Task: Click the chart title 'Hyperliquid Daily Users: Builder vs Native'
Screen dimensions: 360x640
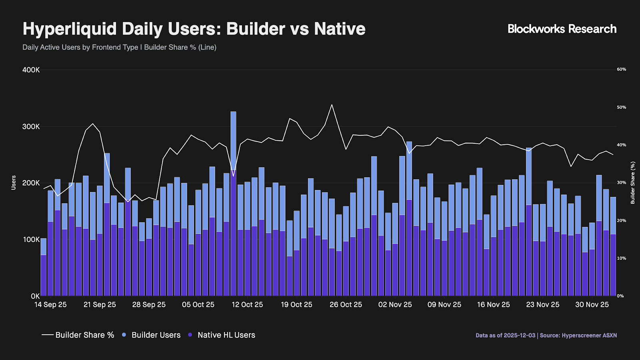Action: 194,29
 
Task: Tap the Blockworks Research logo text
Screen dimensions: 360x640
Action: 562,29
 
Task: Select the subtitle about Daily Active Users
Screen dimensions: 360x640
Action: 119,47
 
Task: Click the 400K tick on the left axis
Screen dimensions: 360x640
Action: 31,70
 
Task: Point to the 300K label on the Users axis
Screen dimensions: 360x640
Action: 31,126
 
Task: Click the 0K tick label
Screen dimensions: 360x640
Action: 35,296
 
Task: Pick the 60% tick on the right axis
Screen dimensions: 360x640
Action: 621,69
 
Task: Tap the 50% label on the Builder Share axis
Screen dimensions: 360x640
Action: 621,107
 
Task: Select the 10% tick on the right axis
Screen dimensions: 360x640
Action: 621,258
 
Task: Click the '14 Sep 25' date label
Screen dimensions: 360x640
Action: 50,305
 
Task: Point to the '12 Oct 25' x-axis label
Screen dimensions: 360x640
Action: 247,305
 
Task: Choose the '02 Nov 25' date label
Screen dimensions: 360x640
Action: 395,305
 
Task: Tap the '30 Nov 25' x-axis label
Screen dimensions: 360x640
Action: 592,305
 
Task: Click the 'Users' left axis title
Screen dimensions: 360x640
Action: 14,182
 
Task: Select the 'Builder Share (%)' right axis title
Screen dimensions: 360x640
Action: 633,182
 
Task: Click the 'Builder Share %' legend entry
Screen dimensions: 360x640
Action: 78,335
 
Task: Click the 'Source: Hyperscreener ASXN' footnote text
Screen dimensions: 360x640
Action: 578,336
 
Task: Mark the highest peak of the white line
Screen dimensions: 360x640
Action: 332,105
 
